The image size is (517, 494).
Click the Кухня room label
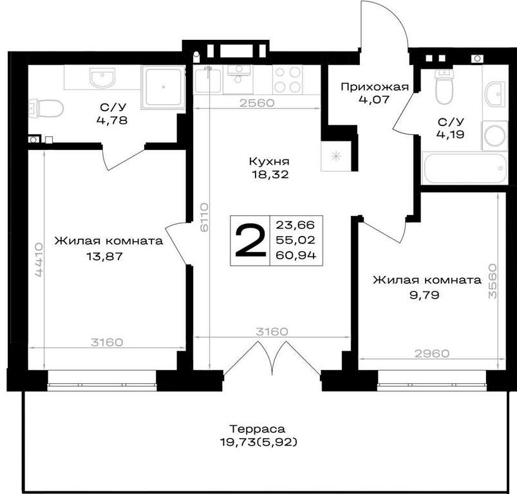click(x=269, y=161)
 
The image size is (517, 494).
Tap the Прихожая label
click(x=375, y=87)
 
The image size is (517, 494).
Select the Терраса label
click(x=257, y=429)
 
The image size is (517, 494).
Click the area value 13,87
click(x=104, y=256)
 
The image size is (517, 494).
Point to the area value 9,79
click(x=424, y=295)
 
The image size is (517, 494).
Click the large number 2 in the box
click(x=250, y=240)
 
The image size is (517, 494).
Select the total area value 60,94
click(x=296, y=255)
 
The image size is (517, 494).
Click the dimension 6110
click(x=205, y=217)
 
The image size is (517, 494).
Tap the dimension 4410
click(x=39, y=260)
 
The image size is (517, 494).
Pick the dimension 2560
click(x=257, y=103)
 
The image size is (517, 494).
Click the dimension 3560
click(x=493, y=280)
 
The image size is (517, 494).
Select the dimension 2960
click(x=432, y=353)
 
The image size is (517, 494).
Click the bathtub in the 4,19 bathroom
click(x=465, y=168)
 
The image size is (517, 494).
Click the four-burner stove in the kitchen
click(x=288, y=79)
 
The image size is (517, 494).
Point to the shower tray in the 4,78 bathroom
click(x=163, y=87)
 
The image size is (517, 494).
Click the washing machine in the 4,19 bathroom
click(x=494, y=135)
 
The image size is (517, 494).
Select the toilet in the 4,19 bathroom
click(x=444, y=86)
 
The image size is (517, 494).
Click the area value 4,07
click(x=374, y=99)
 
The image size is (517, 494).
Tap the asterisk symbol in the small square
click(x=335, y=156)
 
